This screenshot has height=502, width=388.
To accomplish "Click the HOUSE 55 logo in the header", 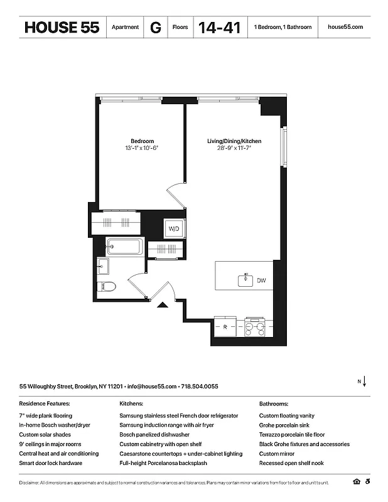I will pyautogui.click(x=62, y=28).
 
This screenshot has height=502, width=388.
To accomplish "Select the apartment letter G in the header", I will pyautogui.click(x=155, y=28).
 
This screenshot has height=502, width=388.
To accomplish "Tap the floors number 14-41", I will pyautogui.click(x=219, y=28).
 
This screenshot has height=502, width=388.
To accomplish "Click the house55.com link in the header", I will pyautogui.click(x=345, y=28).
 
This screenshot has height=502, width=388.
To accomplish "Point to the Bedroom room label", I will pyautogui.click(x=142, y=141).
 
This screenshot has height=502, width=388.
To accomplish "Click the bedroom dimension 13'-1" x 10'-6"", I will pyautogui.click(x=142, y=148).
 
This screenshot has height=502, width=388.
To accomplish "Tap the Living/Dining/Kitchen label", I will pyautogui.click(x=234, y=141).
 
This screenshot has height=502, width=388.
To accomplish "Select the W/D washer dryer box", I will pyautogui.click(x=174, y=230).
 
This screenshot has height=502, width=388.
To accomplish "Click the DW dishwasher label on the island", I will pyautogui.click(x=261, y=280).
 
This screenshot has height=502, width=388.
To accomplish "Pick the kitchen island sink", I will pyautogui.click(x=245, y=280).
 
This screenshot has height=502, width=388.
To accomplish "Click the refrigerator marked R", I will pyautogui.click(x=225, y=326).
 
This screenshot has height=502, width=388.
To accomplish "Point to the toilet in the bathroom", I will pyautogui.click(x=107, y=288).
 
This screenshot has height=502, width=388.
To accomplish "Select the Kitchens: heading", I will pyautogui.click(x=131, y=403).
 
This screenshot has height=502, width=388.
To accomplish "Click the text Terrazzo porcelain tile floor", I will pyautogui.click(x=292, y=434).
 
